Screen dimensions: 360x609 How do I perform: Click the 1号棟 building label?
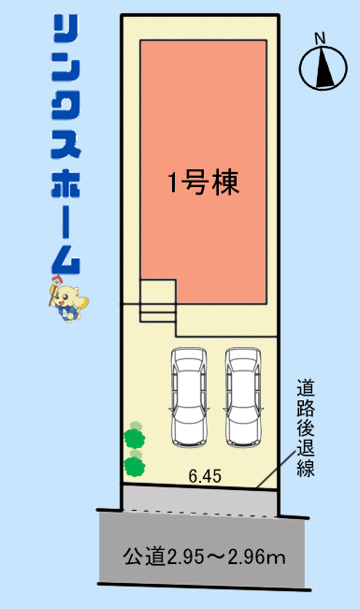click(x=203, y=182)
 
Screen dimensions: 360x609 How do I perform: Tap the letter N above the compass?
click(x=320, y=38)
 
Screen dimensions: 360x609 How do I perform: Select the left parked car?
click(x=189, y=397)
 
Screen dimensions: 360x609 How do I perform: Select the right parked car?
click(x=243, y=397)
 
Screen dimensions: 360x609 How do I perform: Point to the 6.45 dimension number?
click(x=205, y=476)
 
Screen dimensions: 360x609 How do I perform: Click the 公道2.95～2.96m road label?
click(x=204, y=557)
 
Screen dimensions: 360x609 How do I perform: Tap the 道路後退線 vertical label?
click(x=306, y=428)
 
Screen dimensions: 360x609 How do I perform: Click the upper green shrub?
click(x=135, y=436)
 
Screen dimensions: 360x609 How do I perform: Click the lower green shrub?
click(x=135, y=464)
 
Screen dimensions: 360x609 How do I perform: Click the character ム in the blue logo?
click(x=65, y=260)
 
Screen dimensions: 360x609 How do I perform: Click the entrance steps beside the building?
click(x=158, y=300)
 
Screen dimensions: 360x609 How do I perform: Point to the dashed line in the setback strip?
click(x=200, y=513)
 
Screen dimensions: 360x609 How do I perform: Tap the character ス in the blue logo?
click(x=65, y=143)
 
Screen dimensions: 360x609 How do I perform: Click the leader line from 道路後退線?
click(x=275, y=469)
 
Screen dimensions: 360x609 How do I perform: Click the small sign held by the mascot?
click(x=57, y=280)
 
